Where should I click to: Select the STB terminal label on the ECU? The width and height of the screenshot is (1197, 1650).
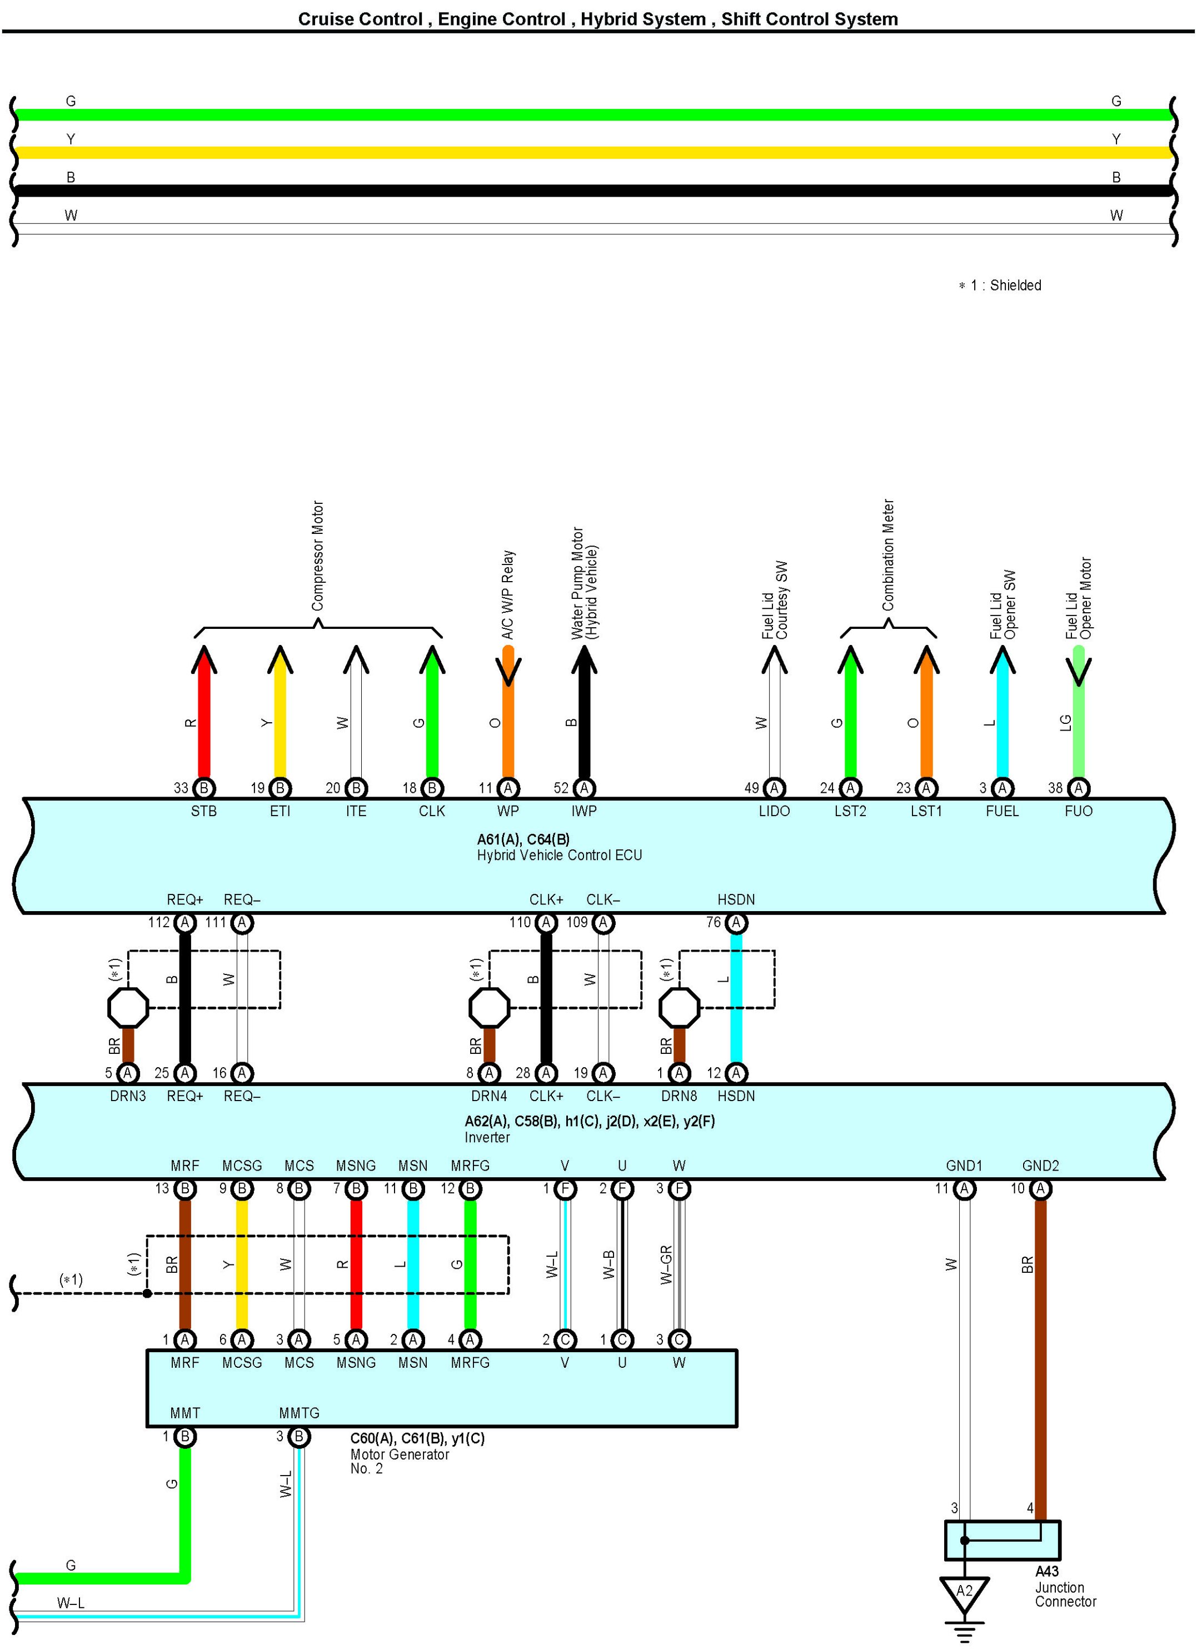coord(204,811)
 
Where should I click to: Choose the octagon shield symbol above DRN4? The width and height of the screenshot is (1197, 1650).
coord(489,1008)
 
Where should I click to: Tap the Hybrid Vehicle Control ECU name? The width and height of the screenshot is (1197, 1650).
coord(559,856)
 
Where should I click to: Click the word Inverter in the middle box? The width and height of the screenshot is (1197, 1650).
coord(487,1137)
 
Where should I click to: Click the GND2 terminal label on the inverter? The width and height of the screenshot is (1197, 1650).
coord(1040,1166)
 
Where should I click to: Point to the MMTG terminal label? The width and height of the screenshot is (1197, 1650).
coord(299,1413)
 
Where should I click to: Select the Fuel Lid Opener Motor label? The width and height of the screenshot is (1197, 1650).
coord(1079,598)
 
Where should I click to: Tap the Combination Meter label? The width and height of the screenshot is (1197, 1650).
coord(887,554)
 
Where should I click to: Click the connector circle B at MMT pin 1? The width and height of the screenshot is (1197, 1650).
coord(185,1436)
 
